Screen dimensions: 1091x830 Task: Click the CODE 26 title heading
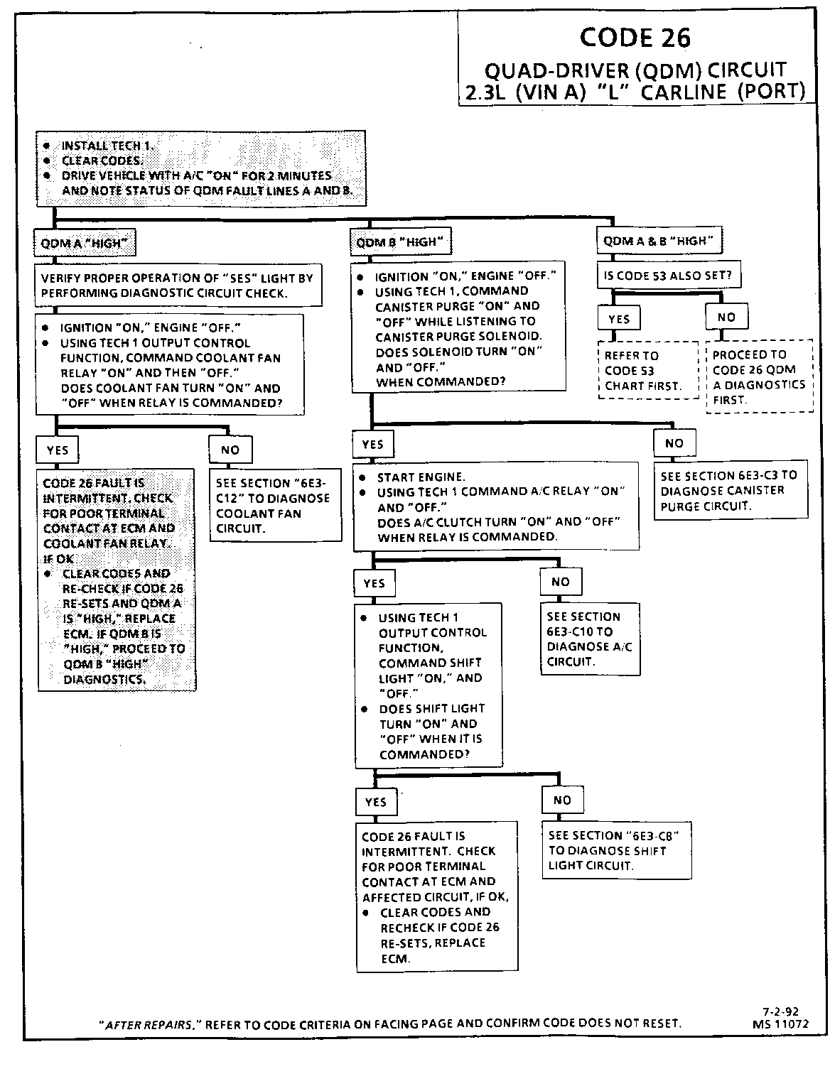pyautogui.click(x=635, y=38)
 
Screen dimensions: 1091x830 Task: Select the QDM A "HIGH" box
pyautogui.click(x=85, y=244)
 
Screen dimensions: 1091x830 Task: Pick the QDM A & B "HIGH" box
pyautogui.click(x=659, y=241)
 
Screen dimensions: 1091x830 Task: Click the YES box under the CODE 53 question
pyautogui.click(x=619, y=319)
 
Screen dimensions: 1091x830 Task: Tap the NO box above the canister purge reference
pyautogui.click(x=674, y=443)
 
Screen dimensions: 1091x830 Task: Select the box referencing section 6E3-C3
pyautogui.click(x=730, y=491)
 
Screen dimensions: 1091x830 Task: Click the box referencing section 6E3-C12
pyautogui.click(x=274, y=506)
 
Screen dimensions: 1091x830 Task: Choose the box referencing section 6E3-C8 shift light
pyautogui.click(x=617, y=850)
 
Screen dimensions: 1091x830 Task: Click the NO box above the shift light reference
pyautogui.click(x=562, y=800)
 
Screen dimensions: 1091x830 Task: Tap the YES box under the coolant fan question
pyautogui.click(x=58, y=450)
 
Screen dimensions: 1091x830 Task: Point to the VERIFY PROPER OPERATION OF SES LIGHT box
pyautogui.click(x=178, y=286)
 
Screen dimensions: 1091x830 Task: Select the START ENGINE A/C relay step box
pyautogui.click(x=496, y=506)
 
